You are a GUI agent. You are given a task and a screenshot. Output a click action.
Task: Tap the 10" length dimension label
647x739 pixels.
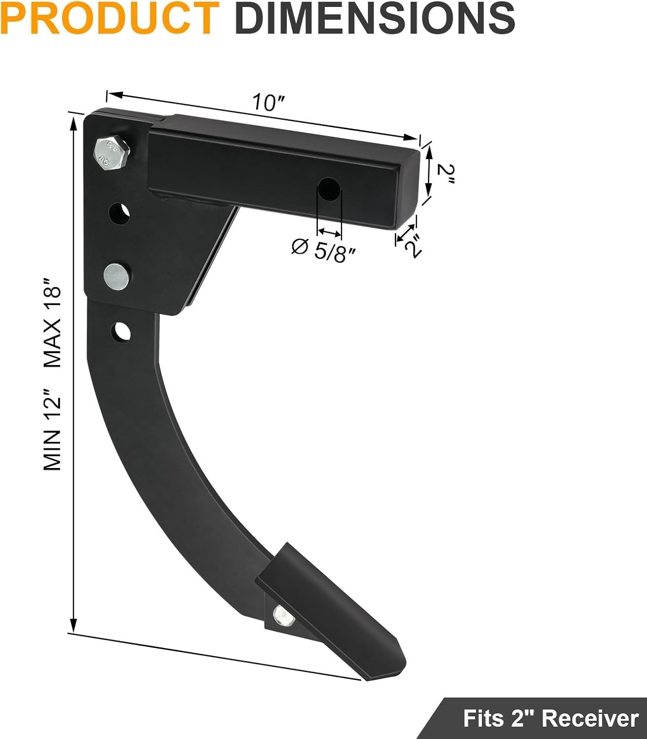pyautogui.click(x=269, y=102)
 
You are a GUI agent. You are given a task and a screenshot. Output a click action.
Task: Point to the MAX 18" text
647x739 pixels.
pyautogui.click(x=52, y=323)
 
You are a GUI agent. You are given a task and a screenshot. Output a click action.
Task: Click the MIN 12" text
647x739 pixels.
pyautogui.click(x=52, y=429)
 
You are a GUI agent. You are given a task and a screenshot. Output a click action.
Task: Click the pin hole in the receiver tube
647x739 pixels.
pyautogui.click(x=329, y=189)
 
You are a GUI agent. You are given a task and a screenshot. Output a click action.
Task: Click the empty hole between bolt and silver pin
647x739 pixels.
pyautogui.click(x=120, y=213)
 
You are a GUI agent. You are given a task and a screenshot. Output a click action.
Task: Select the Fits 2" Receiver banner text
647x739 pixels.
pyautogui.click(x=550, y=718)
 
